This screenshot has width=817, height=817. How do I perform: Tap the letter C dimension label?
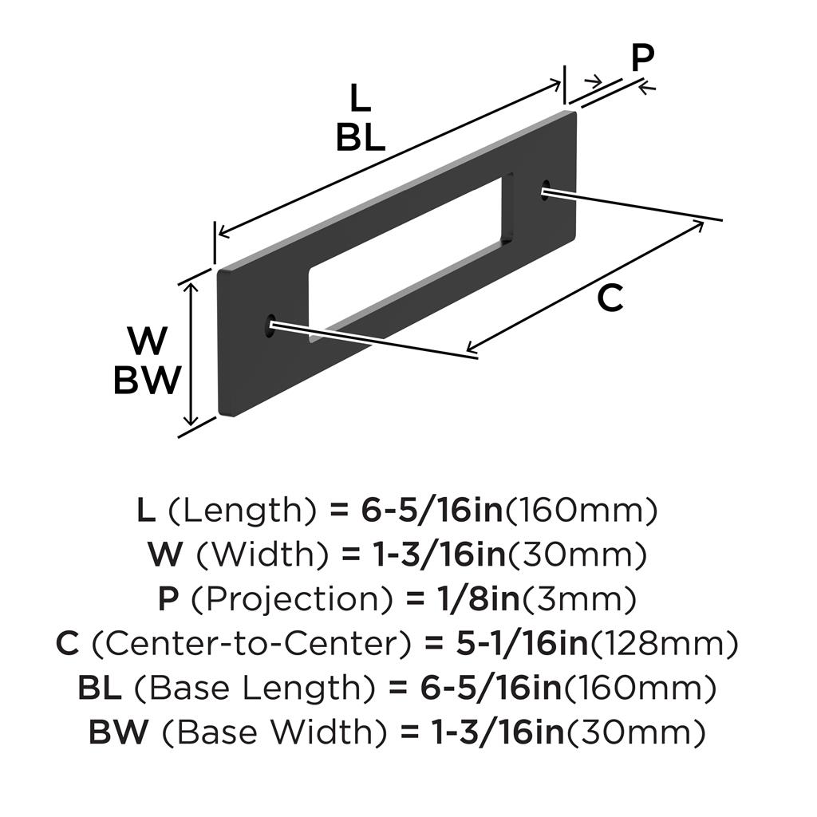(610, 298)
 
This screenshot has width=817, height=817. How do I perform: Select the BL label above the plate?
(361, 138)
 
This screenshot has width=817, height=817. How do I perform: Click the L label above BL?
(360, 98)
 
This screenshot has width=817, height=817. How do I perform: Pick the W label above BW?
(148, 341)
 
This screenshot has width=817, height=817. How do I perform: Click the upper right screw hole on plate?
(546, 188)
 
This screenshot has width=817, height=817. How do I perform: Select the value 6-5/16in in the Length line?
(432, 511)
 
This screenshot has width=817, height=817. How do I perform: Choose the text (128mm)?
(663, 644)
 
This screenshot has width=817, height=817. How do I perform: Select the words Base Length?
(255, 689)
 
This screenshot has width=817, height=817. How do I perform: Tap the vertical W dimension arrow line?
(192, 354)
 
